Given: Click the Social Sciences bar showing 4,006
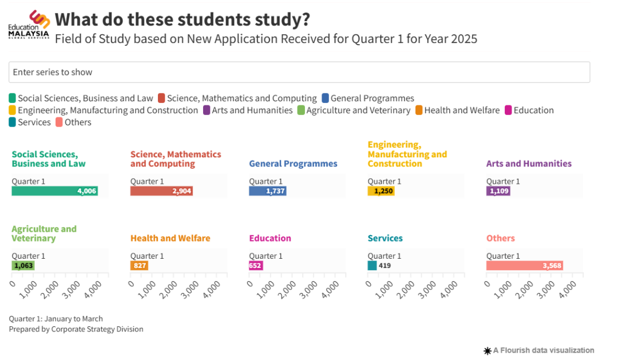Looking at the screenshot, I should pyautogui.click(x=54, y=191).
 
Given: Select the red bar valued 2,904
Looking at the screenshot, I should pyautogui.click(x=161, y=191).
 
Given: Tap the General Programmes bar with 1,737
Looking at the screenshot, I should pyautogui.click(x=267, y=191).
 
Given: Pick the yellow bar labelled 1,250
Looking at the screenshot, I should pyautogui.click(x=381, y=191).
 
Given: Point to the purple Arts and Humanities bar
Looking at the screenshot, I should pyautogui.click(x=498, y=191).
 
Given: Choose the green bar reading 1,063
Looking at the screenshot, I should pyautogui.click(x=23, y=266).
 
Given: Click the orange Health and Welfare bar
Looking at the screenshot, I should pyautogui.click(x=139, y=266).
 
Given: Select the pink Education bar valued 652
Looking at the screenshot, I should pyautogui.click(x=256, y=266).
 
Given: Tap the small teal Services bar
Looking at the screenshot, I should pyautogui.click(x=372, y=266).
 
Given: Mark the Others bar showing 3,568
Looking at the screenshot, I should pyautogui.click(x=524, y=266).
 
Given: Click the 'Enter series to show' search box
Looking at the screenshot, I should pyautogui.click(x=299, y=72).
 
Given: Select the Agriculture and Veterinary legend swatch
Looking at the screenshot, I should pyautogui.click(x=301, y=110).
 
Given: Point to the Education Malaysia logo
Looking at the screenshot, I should pyautogui.click(x=29, y=25).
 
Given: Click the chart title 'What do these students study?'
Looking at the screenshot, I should pyautogui.click(x=183, y=19).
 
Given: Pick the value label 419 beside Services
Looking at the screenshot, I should pyautogui.click(x=385, y=266).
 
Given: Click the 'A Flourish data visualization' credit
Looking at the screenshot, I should pyautogui.click(x=539, y=350).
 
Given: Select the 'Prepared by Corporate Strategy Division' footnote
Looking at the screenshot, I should pyautogui.click(x=76, y=329).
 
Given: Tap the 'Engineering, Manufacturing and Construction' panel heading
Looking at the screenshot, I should pyautogui.click(x=407, y=155).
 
